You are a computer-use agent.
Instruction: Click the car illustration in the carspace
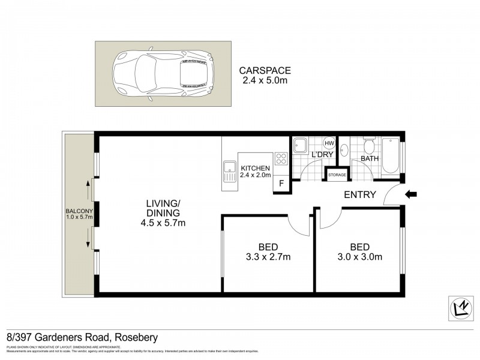click(x=163, y=74)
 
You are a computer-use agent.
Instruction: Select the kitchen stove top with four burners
click(x=281, y=159)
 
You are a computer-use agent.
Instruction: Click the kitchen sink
click(x=229, y=172)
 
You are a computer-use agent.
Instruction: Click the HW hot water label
click(x=329, y=143)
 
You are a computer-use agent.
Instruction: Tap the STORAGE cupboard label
click(x=337, y=175)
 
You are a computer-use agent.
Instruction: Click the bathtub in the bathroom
click(x=391, y=155)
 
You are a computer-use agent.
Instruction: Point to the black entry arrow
click(x=411, y=194)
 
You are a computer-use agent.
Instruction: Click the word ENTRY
click(x=360, y=194)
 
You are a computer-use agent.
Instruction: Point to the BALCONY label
click(x=77, y=211)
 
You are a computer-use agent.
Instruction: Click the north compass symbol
click(x=460, y=307)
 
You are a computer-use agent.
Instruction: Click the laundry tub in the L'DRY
click(x=302, y=145)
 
